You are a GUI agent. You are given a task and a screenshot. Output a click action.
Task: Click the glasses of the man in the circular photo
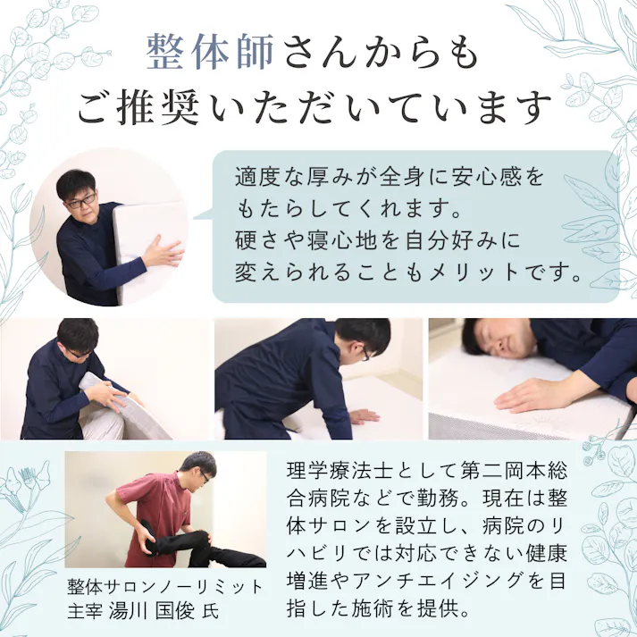click(x=82, y=201)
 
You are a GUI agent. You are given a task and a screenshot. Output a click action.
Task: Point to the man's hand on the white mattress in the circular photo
click(x=163, y=252)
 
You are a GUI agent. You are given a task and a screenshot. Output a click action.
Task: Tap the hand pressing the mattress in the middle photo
click(x=363, y=415)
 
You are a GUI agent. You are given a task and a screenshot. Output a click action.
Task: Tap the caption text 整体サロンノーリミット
click(x=165, y=588)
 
